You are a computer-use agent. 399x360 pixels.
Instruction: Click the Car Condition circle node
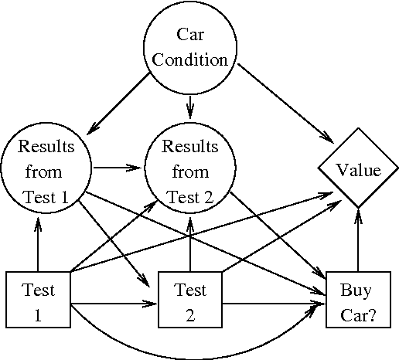point(189,48)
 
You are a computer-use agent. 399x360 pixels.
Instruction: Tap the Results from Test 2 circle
point(190,170)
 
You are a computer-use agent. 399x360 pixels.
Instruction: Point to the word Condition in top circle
point(189,60)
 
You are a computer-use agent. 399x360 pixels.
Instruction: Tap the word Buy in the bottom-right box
point(357,291)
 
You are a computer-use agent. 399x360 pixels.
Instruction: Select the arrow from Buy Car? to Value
point(357,239)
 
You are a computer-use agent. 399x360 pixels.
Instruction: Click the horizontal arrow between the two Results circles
point(118,165)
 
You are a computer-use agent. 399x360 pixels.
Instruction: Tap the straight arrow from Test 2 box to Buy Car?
point(275,304)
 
